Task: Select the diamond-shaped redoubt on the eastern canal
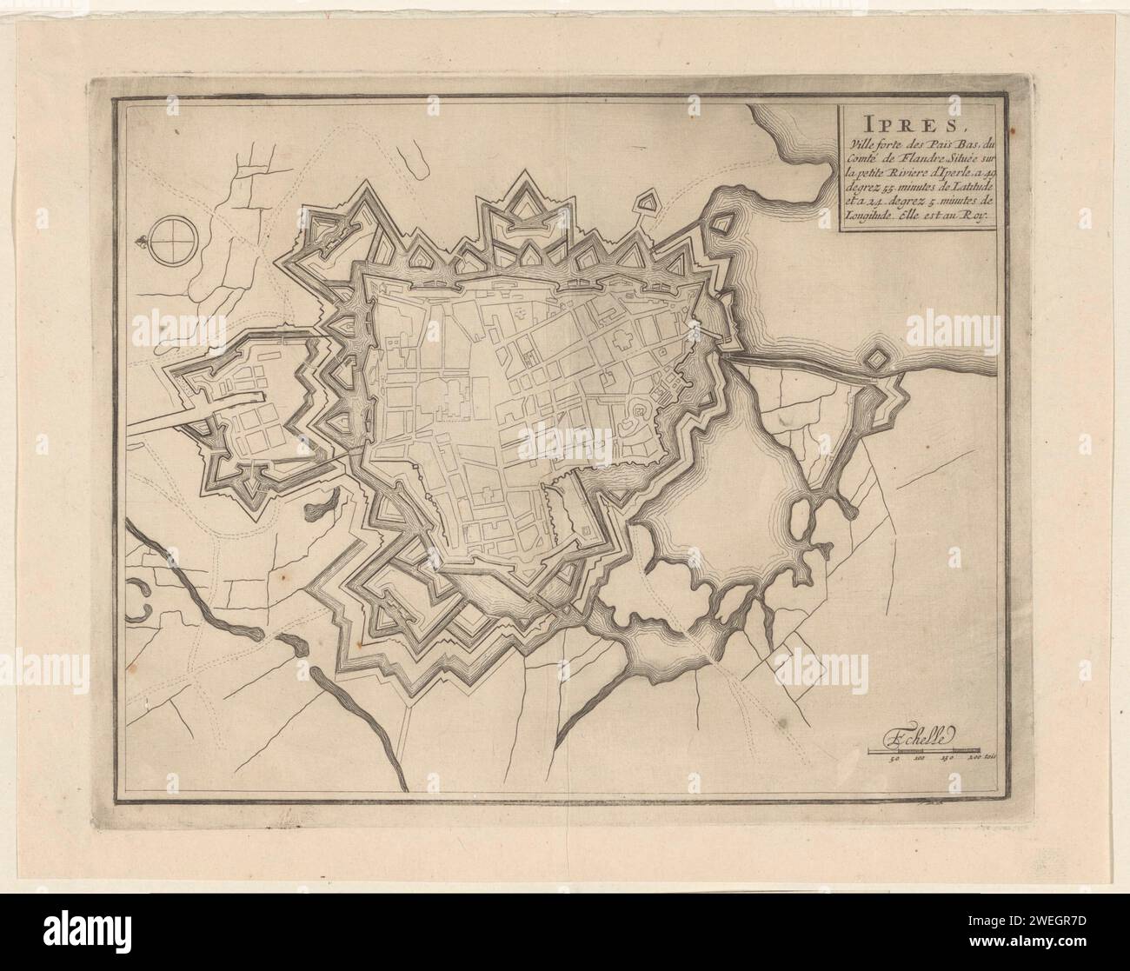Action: click(x=878, y=359)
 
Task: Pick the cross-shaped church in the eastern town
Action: click(x=622, y=339)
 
